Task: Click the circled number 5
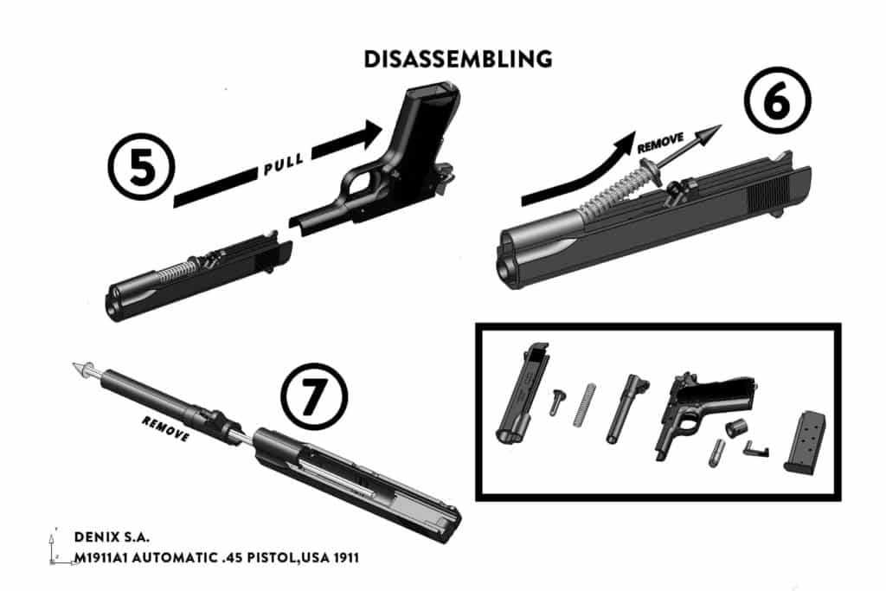click(141, 167)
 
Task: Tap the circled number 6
click(777, 100)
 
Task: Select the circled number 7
click(314, 396)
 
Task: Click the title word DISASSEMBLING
click(458, 60)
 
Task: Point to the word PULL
click(283, 164)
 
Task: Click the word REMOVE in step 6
click(660, 143)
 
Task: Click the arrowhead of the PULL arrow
click(373, 133)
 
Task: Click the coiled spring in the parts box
click(584, 405)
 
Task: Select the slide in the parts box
click(522, 393)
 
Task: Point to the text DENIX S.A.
click(112, 536)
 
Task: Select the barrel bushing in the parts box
click(735, 429)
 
